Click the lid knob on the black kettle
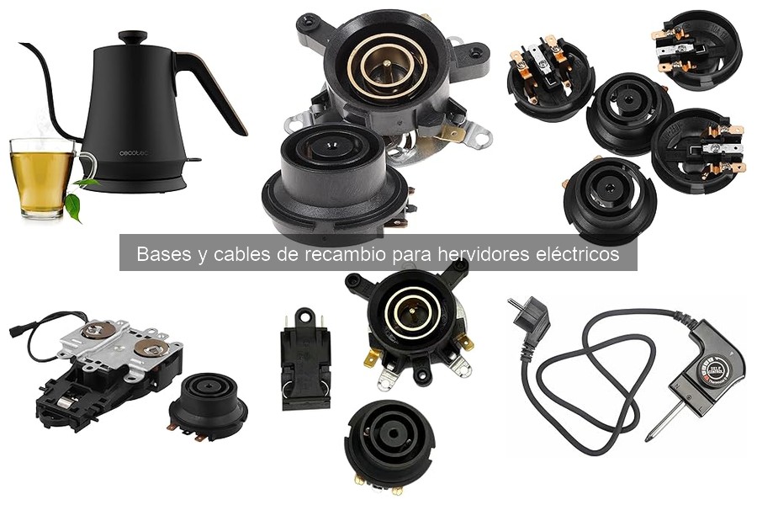[132, 37]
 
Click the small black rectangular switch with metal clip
[304, 359]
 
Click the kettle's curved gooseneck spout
[52, 84]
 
